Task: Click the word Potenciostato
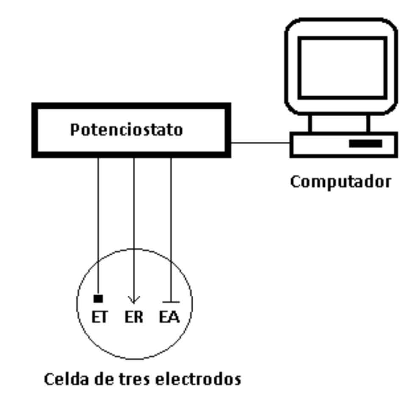126,130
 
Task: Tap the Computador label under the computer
340,182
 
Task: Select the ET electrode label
100,317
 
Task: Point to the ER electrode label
134,317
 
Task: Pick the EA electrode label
170,317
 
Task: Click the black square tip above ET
98,299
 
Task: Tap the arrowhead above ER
134,300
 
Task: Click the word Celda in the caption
64,378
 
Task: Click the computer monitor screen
342,67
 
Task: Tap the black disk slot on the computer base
365,144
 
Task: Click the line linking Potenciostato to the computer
260,143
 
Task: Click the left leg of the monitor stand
310,123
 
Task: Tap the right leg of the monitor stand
368,123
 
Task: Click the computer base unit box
322,144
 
